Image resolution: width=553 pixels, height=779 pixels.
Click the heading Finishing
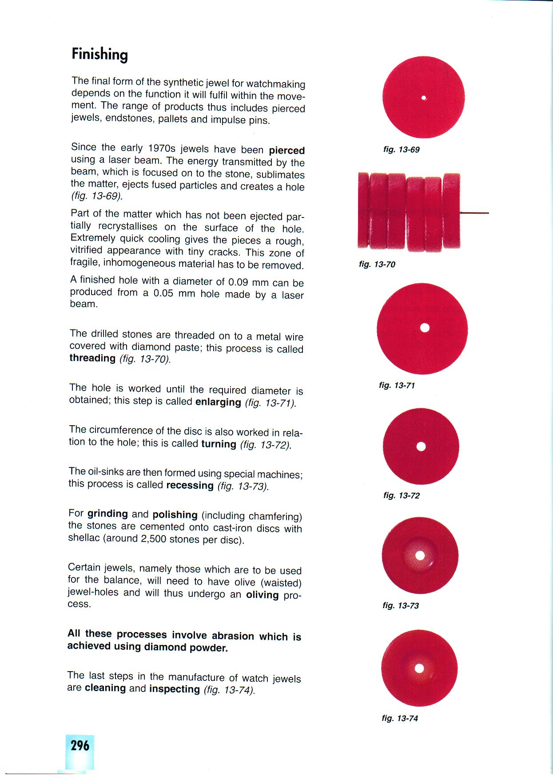99,55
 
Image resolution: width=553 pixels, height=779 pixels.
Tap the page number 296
80,745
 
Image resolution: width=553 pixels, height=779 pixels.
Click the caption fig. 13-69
401,150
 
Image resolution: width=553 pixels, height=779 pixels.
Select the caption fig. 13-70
377,265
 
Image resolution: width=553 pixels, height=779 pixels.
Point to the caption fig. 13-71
397,385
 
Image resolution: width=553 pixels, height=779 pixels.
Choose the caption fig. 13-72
401,495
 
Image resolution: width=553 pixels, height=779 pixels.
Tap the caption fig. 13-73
400,605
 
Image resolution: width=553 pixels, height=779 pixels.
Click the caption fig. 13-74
399,718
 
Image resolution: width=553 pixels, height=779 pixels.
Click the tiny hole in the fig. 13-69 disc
424,98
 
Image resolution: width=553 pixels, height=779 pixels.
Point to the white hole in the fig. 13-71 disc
425,328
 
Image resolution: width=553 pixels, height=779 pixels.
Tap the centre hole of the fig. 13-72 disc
421,447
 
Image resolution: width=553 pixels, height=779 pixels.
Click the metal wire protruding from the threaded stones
474,214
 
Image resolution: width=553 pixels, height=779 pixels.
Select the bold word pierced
286,150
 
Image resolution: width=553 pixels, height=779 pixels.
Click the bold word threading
92,358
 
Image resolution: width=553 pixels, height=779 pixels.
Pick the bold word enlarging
218,402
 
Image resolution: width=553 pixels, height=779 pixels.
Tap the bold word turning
219,444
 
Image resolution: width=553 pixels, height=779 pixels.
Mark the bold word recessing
190,485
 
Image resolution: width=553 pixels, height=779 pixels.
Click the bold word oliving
262,594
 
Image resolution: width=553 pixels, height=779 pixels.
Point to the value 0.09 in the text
239,282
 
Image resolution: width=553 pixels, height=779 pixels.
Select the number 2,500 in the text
155,539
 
